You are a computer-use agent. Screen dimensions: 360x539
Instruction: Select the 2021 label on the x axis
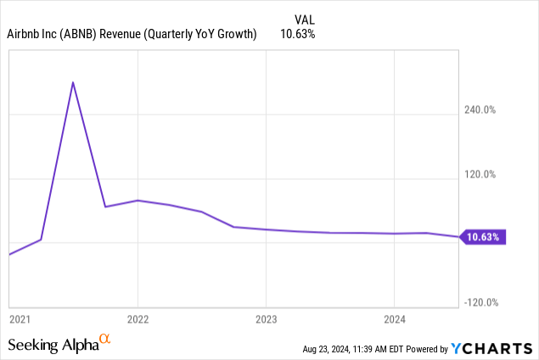coord(20,319)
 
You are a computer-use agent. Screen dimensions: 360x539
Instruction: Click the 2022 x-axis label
coord(138,319)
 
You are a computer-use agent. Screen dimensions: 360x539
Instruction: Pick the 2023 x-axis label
coord(266,319)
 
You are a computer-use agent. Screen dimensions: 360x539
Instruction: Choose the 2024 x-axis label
coord(394,319)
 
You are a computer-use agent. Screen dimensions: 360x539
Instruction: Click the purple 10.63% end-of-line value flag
coord(483,237)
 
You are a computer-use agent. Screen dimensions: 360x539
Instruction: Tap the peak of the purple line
coord(73,82)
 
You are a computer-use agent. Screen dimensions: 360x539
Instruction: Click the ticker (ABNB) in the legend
coord(83,34)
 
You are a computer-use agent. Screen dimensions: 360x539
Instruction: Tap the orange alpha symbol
coord(105,340)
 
